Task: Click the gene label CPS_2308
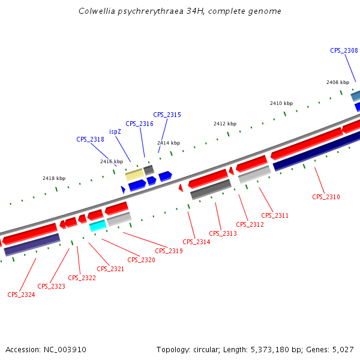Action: click(x=344, y=50)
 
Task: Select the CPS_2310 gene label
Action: click(x=326, y=197)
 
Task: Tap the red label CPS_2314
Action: click(x=196, y=242)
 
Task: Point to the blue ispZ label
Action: click(x=115, y=131)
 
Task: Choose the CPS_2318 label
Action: click(x=90, y=139)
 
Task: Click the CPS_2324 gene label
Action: click(x=21, y=295)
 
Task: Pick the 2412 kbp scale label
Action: click(x=225, y=124)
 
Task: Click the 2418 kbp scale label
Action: click(x=54, y=178)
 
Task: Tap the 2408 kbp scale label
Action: click(x=338, y=82)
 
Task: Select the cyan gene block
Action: click(x=97, y=226)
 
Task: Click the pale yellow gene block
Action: click(x=134, y=175)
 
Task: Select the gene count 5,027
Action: click(x=343, y=349)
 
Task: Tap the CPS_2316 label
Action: click(x=139, y=124)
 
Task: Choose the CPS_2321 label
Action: click(x=110, y=269)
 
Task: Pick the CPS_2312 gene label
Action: click(x=250, y=224)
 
